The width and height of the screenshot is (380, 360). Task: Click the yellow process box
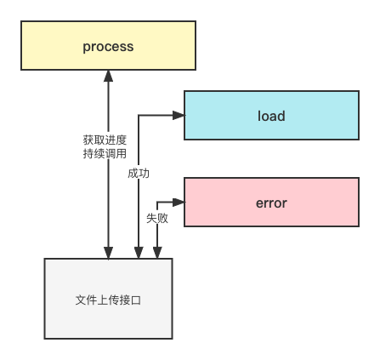point(108,45)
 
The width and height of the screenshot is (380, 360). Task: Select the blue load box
point(271,115)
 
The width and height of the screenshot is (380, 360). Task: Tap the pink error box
point(271,202)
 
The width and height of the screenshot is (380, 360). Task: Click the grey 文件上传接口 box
point(108,299)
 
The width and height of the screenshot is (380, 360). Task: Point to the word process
point(108,47)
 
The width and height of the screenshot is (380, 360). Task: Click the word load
point(271,116)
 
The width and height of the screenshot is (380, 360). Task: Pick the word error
point(271,203)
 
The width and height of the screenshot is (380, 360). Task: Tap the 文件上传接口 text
point(108,300)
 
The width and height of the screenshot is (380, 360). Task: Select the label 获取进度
point(105,140)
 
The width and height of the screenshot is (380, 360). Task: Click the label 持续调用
point(105,153)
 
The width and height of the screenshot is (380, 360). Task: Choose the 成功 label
point(139,173)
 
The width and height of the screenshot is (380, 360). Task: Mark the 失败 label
point(157,218)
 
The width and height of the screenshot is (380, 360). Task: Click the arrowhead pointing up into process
point(108,76)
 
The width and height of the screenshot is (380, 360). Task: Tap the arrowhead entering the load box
point(179,115)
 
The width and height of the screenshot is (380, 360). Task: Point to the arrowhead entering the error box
point(179,202)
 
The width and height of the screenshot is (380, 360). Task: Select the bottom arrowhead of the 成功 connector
point(139,253)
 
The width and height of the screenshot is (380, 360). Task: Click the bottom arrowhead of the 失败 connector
point(157,253)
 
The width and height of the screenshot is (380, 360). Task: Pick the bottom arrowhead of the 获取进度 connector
point(108,253)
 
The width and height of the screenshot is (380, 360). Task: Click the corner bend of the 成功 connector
point(139,115)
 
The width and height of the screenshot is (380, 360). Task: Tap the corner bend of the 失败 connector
point(157,202)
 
